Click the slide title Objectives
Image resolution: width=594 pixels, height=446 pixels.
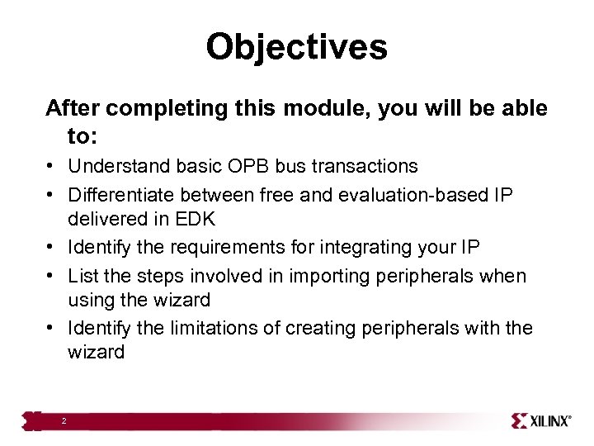coord(296,47)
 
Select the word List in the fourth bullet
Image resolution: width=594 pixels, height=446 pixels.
coord(82,276)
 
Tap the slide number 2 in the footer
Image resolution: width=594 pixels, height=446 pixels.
coord(63,421)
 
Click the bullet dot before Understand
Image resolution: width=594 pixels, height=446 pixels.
coord(51,167)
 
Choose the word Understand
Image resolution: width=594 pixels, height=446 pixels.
coord(119,166)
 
